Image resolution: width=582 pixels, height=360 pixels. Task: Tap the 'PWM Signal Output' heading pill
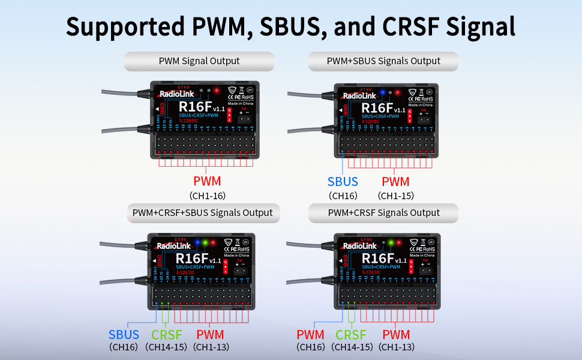199,61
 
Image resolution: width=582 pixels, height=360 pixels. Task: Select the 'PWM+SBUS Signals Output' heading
383,61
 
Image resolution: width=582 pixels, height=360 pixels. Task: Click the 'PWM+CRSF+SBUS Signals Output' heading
202,212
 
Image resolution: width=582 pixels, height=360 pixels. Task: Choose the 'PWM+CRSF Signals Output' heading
383,212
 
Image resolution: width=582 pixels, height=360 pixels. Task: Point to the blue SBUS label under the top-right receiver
343,182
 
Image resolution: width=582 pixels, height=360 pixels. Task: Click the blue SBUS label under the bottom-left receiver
124,335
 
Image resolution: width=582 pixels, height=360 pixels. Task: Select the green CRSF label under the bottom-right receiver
352,335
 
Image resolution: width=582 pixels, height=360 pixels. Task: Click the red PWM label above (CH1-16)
207,182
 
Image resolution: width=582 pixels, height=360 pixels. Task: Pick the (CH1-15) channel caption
395,196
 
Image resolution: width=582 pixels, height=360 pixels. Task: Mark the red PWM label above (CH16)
310,335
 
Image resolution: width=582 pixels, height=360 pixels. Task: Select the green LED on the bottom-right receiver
391,242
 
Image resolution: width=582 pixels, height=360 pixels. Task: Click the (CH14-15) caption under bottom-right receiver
352,347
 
